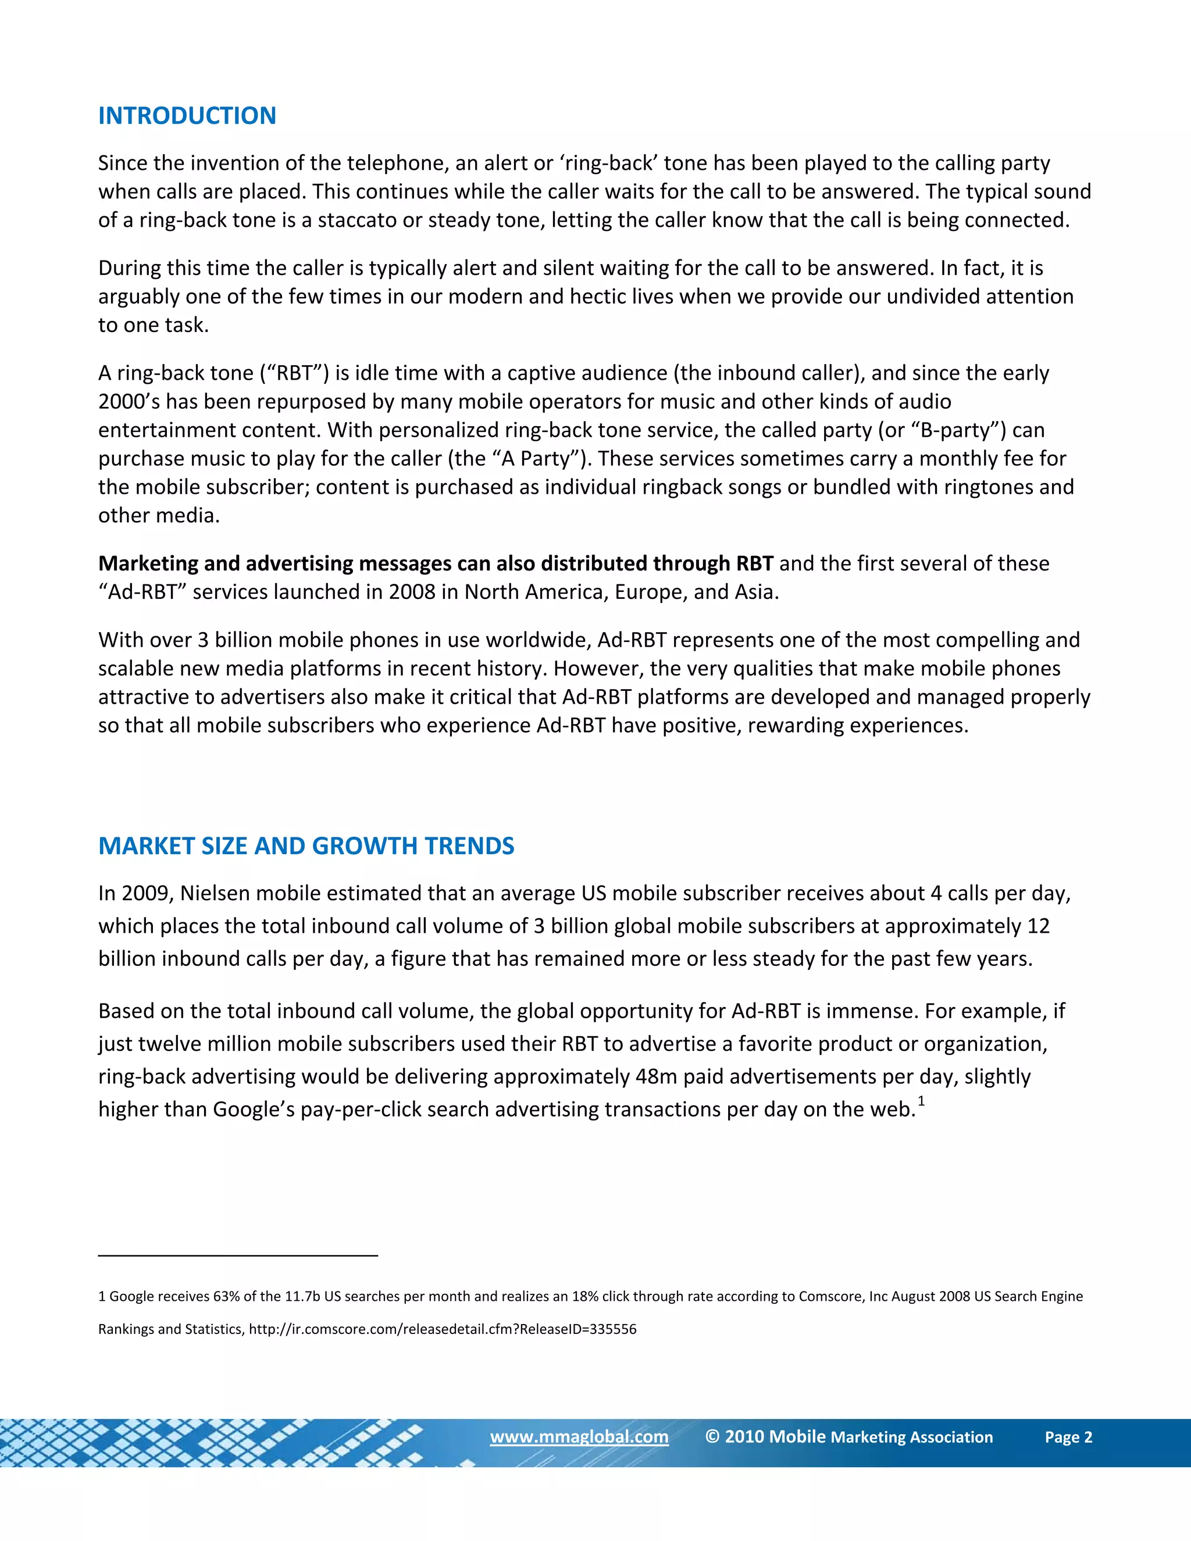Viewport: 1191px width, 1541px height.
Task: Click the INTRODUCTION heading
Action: (187, 116)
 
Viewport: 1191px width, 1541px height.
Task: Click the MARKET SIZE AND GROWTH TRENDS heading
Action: (306, 846)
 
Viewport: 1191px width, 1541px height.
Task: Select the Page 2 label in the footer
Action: (1068, 1437)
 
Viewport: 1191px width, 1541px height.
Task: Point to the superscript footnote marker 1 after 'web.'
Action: (921, 1101)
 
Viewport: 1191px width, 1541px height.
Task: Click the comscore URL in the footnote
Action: (443, 1329)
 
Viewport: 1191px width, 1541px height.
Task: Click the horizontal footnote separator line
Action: (238, 1255)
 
